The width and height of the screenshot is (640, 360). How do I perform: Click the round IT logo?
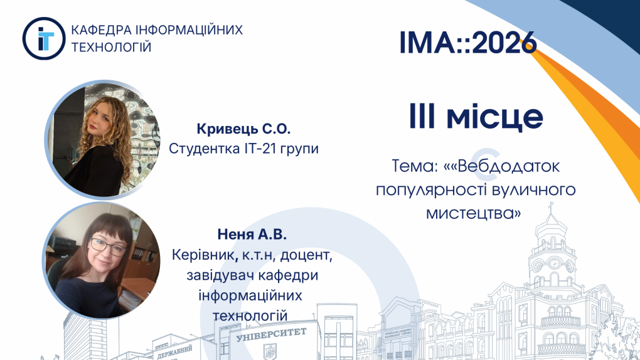pyautogui.click(x=44, y=38)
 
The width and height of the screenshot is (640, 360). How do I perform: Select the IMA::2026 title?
pyautogui.click(x=467, y=42)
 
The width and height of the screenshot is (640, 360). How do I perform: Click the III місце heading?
pyautogui.click(x=476, y=117)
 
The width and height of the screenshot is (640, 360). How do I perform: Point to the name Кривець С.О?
pyautogui.click(x=243, y=129)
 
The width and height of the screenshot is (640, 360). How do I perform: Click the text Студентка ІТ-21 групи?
pyautogui.click(x=243, y=148)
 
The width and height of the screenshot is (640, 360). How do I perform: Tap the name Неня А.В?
pyautogui.click(x=252, y=235)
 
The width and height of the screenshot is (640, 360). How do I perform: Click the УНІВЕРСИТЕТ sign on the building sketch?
pyautogui.click(x=271, y=335)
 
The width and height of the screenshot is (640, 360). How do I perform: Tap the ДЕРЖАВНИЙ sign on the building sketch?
pyautogui.click(x=174, y=352)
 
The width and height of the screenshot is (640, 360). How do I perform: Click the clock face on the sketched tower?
pyautogui.click(x=554, y=263)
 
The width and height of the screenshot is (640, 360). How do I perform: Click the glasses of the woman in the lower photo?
pyautogui.click(x=109, y=246)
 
